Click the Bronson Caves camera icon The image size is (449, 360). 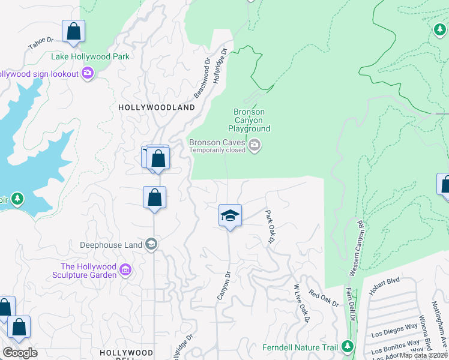pyautogui.click(x=255, y=146)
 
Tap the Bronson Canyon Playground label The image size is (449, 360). pyautogui.click(x=249, y=120)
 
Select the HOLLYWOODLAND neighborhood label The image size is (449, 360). pyautogui.click(x=157, y=107)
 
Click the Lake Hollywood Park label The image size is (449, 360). pyautogui.click(x=90, y=57)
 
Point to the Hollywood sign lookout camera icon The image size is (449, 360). pyautogui.click(x=88, y=73)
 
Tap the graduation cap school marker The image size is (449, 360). pyautogui.click(x=230, y=215)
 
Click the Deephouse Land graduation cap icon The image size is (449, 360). pyautogui.click(x=151, y=244)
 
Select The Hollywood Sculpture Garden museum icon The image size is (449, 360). pyautogui.click(x=125, y=271)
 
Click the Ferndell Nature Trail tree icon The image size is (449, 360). pyautogui.click(x=347, y=346)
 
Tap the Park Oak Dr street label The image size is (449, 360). pyautogui.click(x=270, y=226)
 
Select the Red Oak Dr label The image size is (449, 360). pyautogui.click(x=324, y=298)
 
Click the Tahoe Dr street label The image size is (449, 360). pyautogui.click(x=41, y=44)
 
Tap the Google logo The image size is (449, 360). pyautogui.click(x=19, y=353)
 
